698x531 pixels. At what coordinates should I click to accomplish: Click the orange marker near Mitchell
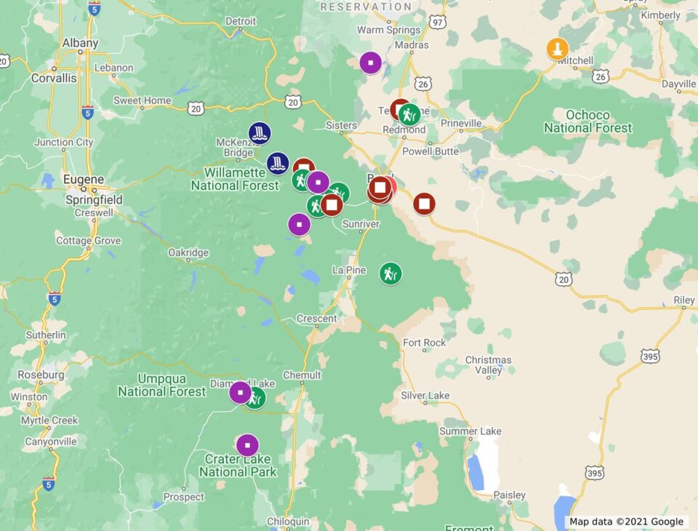click(557, 49)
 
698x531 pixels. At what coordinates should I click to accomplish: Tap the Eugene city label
click(84, 179)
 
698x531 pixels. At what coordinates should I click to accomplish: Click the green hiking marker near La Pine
click(390, 274)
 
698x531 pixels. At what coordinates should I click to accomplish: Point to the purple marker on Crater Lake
click(247, 445)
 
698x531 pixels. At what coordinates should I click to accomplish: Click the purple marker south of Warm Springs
click(371, 63)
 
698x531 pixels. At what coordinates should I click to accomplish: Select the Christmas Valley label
click(488, 364)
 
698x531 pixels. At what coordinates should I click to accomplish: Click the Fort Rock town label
click(425, 343)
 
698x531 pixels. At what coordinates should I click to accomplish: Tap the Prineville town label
click(461, 124)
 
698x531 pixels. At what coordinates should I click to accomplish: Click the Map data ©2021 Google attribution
click(626, 522)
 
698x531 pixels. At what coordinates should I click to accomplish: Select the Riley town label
click(684, 300)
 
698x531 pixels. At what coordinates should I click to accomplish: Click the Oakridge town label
click(188, 252)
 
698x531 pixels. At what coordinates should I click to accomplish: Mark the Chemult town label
click(302, 375)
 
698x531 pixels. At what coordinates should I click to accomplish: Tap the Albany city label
click(80, 43)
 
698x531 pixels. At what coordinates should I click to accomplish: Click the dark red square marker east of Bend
click(424, 204)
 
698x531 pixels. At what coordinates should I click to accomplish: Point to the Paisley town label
click(509, 495)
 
